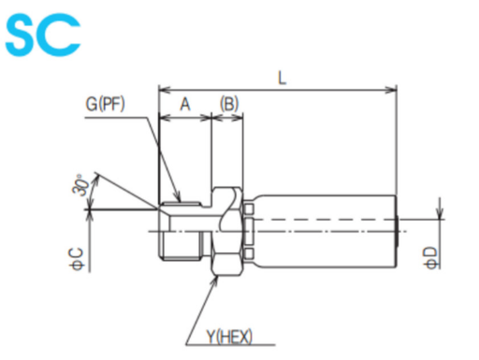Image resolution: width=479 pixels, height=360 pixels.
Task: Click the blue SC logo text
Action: [x=43, y=35]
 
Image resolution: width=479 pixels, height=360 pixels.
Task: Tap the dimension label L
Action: [x=282, y=78]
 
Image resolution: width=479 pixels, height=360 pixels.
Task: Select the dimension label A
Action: [x=185, y=105]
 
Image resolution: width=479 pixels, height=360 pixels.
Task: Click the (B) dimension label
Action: [x=229, y=104]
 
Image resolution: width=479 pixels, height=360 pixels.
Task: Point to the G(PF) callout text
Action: [x=105, y=104]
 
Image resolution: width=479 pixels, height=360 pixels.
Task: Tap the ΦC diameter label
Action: [x=78, y=259]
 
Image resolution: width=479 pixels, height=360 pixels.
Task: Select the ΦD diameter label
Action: [x=430, y=258]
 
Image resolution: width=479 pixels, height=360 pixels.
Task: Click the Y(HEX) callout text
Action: [x=229, y=337]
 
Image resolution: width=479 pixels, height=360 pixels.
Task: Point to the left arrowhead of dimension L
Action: [x=164, y=91]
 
